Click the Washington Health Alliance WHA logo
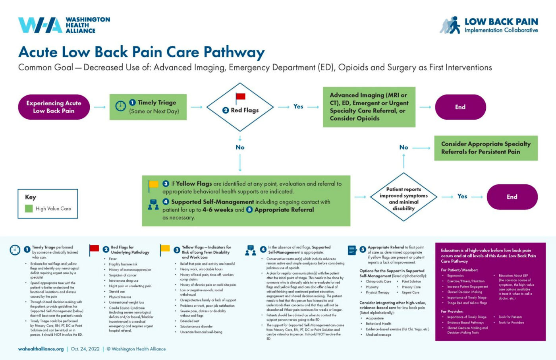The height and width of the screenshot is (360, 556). (x=40, y=25)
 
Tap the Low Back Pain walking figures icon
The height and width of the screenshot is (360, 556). (x=450, y=25)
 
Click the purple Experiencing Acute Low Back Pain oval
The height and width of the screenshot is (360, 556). (x=54, y=107)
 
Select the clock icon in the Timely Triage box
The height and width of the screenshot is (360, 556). (x=120, y=106)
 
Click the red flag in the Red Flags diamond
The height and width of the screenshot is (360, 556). (x=240, y=97)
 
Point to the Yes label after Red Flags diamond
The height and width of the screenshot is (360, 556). (x=298, y=106)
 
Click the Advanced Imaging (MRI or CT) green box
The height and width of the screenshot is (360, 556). (x=369, y=107)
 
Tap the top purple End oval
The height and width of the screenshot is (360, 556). (x=460, y=107)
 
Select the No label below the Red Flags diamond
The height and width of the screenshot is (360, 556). (x=240, y=147)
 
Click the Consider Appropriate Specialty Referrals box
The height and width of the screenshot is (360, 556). (x=486, y=148)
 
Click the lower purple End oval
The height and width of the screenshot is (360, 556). (x=512, y=197)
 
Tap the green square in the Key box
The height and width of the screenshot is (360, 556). (x=29, y=208)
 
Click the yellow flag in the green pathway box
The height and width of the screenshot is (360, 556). (x=153, y=185)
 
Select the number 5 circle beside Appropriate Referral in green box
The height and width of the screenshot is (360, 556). (x=249, y=210)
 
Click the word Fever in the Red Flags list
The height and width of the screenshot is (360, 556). (x=113, y=259)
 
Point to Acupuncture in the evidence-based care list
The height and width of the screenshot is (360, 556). (x=375, y=318)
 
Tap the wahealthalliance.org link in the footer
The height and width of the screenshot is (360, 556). (x=41, y=349)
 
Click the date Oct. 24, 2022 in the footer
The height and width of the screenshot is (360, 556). (x=85, y=349)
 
